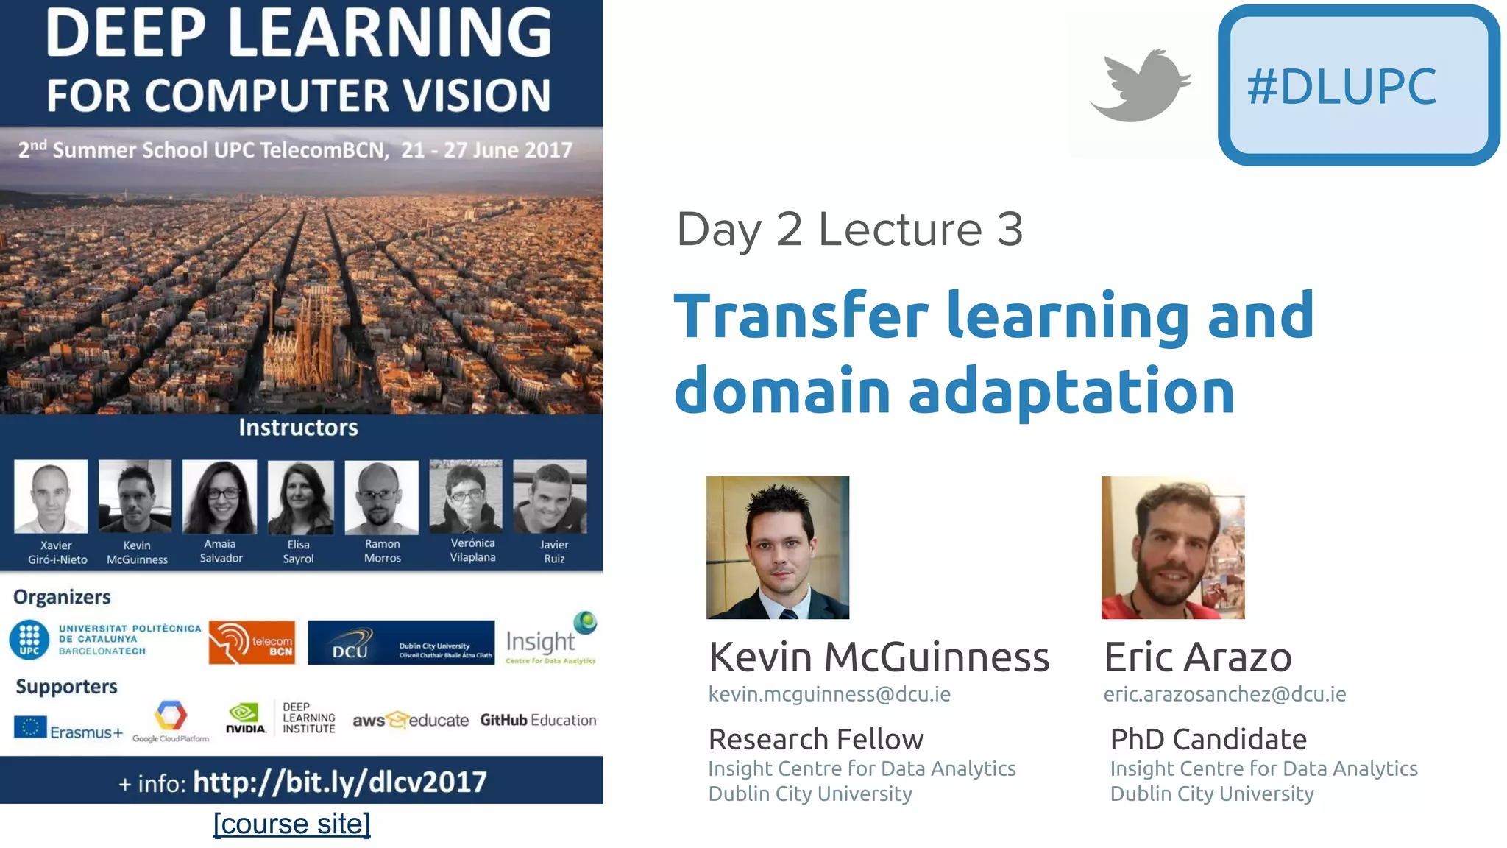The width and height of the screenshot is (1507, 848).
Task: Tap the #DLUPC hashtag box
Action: (1358, 85)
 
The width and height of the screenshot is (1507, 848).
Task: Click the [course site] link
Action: (291, 824)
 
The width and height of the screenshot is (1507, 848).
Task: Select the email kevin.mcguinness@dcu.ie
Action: (829, 694)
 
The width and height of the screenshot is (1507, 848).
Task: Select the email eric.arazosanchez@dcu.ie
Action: (1224, 694)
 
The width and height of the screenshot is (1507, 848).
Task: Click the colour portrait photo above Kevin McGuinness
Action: (777, 547)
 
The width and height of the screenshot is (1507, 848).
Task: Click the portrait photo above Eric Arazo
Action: (1172, 547)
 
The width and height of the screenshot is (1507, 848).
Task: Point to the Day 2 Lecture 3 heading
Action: (849, 229)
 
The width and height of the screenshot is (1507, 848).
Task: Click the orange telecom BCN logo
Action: (252, 642)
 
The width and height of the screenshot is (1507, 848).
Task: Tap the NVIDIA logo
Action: (245, 718)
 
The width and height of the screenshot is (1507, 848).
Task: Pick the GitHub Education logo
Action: (538, 720)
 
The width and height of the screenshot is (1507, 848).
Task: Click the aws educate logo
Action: (410, 720)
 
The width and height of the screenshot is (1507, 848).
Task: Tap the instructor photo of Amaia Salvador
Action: (219, 497)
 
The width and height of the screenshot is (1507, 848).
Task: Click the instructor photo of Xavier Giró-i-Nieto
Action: (51, 497)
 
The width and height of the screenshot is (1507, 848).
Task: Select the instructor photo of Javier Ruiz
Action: (550, 497)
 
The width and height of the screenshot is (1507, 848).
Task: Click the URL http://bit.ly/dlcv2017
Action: (339, 782)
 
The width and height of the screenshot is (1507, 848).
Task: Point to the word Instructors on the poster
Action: (298, 428)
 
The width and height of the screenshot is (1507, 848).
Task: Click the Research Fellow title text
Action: (815, 739)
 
